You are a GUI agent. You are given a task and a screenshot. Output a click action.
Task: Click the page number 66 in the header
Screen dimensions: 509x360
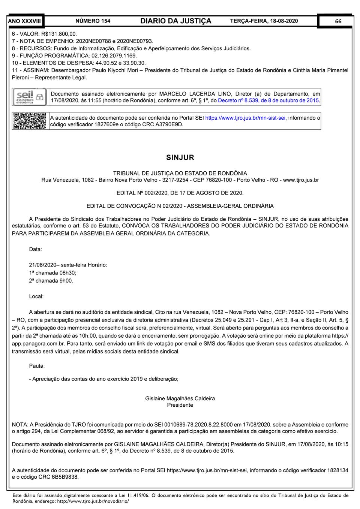(338, 21)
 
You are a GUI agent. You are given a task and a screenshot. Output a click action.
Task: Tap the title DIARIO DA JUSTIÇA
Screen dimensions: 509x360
(176, 21)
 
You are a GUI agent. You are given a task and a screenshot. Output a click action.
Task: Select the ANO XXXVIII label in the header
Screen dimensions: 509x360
(24, 21)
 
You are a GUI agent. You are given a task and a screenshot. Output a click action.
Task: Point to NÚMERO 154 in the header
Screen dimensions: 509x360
(93, 21)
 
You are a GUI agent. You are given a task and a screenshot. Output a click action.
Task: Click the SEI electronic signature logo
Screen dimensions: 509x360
(30, 97)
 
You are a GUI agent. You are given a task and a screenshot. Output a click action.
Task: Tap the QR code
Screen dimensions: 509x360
(30, 121)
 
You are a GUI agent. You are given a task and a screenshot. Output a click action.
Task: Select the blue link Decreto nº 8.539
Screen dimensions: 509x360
(268, 100)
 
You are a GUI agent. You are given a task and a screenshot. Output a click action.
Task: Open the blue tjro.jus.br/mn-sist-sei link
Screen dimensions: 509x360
(245, 118)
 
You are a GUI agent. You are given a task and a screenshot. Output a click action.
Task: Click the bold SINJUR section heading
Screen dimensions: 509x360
(180, 157)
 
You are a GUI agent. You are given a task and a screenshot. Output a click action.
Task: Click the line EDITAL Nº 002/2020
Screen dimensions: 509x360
(180, 193)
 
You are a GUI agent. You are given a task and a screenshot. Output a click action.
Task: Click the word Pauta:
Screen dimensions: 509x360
(37, 365)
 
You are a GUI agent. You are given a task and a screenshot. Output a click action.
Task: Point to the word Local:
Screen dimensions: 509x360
(36, 296)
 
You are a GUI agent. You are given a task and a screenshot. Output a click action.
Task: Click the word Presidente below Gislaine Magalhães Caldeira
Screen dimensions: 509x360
(180, 405)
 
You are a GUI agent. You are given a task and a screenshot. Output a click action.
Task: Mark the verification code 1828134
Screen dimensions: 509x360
(337, 470)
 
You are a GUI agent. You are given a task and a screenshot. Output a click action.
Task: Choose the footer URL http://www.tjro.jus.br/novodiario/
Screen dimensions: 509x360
(93, 501)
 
